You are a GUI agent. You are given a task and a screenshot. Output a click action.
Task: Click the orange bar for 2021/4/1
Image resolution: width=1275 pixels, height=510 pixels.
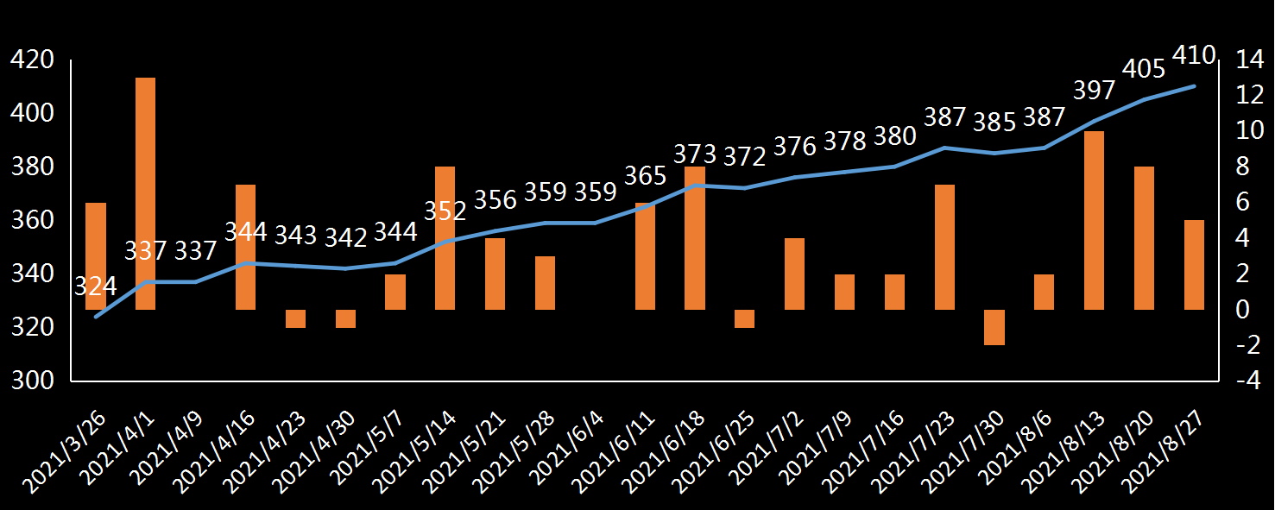[145, 193]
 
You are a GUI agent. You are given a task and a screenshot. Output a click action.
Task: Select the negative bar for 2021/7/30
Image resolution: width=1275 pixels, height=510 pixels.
[994, 327]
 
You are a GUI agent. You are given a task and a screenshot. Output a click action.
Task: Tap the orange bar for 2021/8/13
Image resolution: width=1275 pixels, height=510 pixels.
[1094, 220]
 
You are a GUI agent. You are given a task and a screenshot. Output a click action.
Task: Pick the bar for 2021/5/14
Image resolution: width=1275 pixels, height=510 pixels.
[445, 237]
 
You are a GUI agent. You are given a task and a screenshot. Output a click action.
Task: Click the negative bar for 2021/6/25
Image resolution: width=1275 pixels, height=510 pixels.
[744, 318]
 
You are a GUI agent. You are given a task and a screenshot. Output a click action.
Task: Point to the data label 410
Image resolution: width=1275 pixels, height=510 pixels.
[1194, 56]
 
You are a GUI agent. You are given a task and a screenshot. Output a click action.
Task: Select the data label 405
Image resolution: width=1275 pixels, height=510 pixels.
[1145, 69]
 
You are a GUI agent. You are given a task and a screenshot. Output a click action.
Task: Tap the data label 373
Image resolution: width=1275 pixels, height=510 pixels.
[695, 154]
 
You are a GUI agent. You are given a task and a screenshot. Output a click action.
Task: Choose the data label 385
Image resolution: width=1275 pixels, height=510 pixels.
[995, 123]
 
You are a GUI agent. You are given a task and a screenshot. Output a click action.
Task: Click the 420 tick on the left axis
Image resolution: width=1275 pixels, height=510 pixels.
[31, 60]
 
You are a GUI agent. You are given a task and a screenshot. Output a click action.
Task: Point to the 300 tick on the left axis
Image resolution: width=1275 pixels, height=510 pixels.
[31, 381]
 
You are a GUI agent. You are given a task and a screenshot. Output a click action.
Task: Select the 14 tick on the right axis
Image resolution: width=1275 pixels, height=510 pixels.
[1249, 60]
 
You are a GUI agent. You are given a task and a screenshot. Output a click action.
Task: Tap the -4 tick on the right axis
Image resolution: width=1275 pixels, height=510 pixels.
[1249, 381]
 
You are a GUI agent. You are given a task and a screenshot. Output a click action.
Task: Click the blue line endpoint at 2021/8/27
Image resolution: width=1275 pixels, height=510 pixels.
[1194, 86]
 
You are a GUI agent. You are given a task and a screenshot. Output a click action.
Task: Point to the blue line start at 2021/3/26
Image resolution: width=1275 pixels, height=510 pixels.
[96, 317]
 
